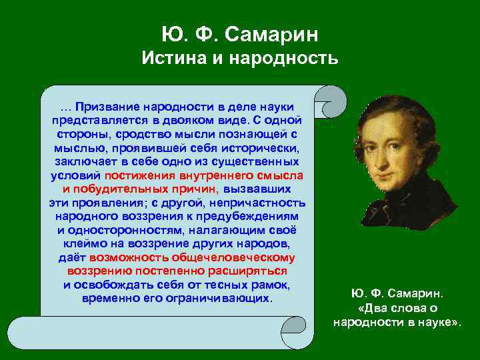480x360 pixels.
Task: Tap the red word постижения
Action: coord(138,175)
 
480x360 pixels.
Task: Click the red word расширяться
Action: coord(251,271)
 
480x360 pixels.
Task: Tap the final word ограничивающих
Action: coord(227,299)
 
